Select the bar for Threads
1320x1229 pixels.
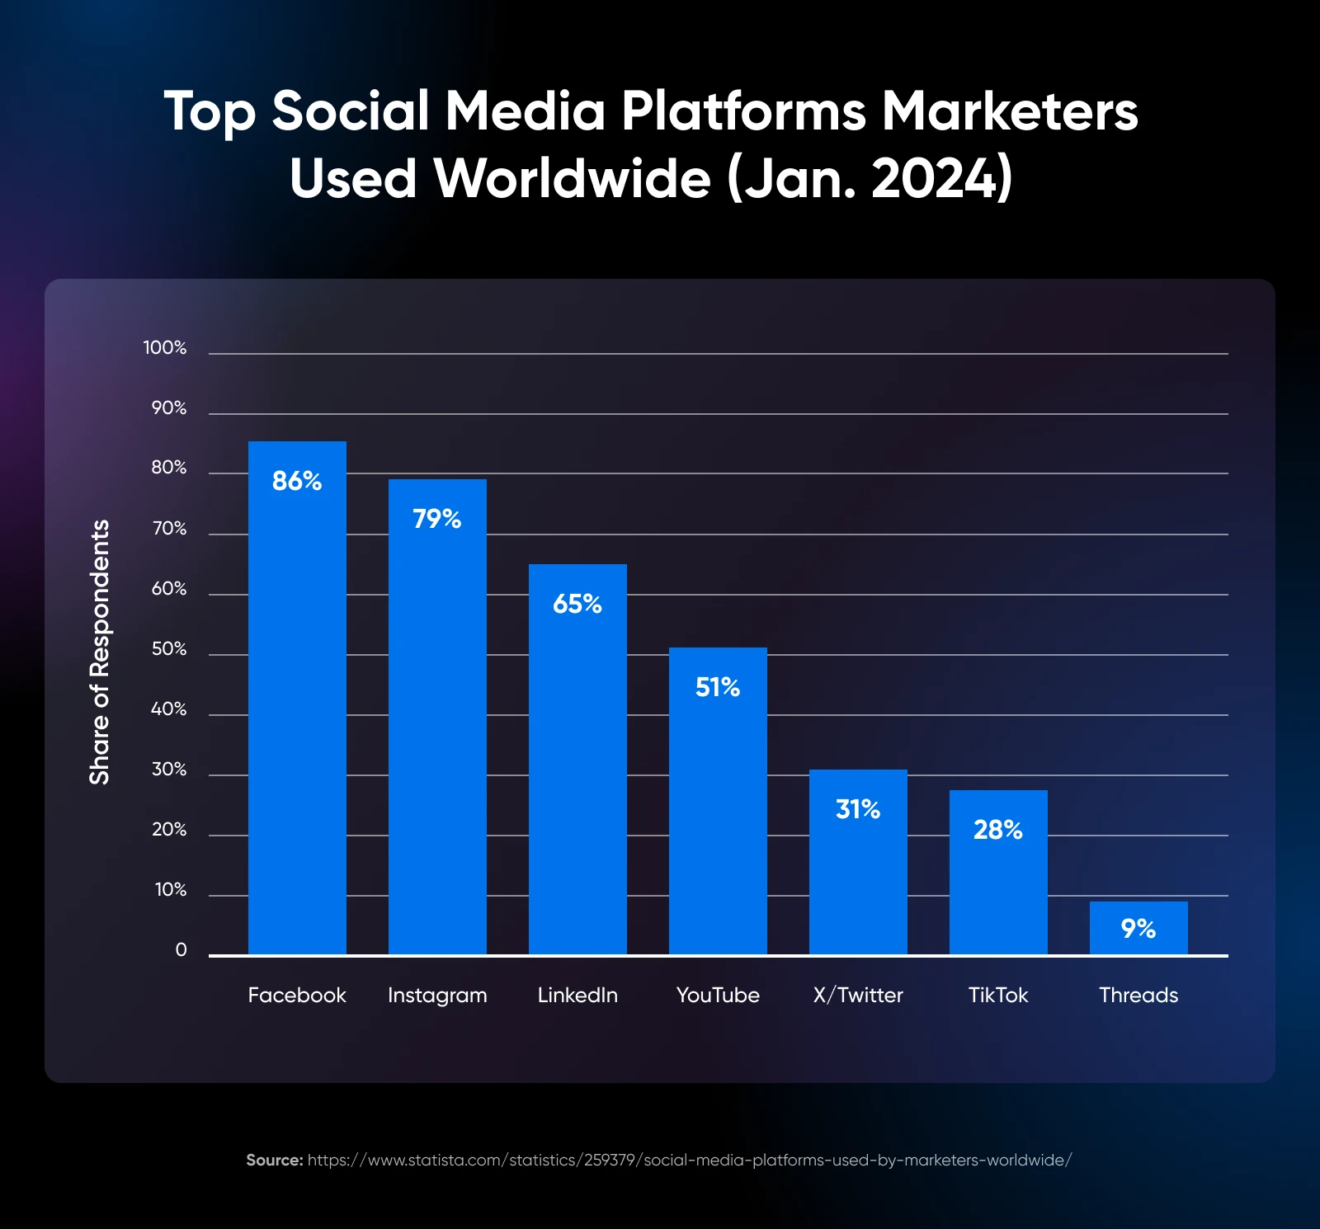pyautogui.click(x=1138, y=940)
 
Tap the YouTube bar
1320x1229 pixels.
pyautogui.click(x=718, y=817)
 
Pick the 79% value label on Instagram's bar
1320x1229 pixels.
pyautogui.click(x=437, y=519)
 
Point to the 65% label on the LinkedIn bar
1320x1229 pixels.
pyautogui.click(x=577, y=604)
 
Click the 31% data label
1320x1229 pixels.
pyautogui.click(x=858, y=809)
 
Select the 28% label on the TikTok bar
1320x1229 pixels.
pyautogui.click(x=998, y=830)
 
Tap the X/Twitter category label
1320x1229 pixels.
pyautogui.click(x=858, y=995)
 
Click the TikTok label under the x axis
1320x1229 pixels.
pyautogui.click(x=998, y=995)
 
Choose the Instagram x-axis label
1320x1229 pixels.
pyautogui.click(x=437, y=996)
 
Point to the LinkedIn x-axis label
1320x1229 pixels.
pyautogui.click(x=577, y=995)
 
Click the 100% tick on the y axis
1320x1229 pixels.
pyautogui.click(x=165, y=348)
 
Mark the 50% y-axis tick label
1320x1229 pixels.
pyautogui.click(x=169, y=649)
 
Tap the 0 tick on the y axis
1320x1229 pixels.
pyautogui.click(x=181, y=950)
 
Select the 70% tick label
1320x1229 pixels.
pyautogui.click(x=169, y=529)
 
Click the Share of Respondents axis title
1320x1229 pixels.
pyautogui.click(x=100, y=652)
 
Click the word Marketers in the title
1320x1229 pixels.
pyautogui.click(x=1010, y=111)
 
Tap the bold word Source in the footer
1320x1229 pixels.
pyautogui.click(x=274, y=1160)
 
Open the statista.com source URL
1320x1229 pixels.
pyautogui.click(x=690, y=1160)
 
